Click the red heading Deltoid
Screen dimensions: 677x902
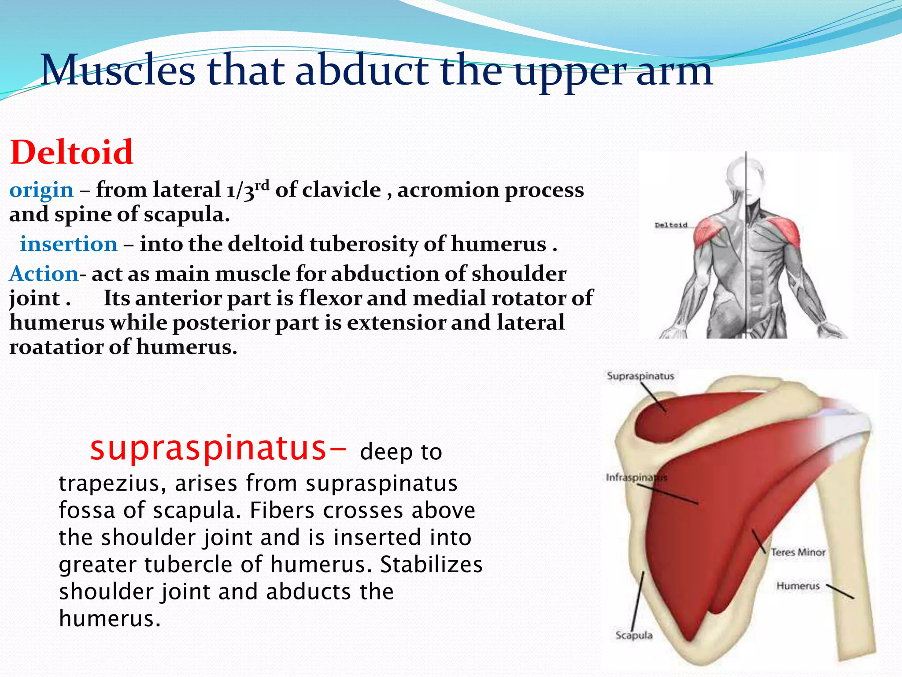[71, 152]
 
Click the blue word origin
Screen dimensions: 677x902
[41, 190]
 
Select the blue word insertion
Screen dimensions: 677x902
[69, 244]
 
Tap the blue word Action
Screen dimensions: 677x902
[44, 274]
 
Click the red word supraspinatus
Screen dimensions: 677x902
[208, 448]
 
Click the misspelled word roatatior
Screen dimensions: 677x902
[55, 347]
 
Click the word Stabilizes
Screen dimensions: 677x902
[431, 565]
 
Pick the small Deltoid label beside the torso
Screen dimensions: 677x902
[671, 225]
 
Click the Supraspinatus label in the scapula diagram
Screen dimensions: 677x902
[640, 376]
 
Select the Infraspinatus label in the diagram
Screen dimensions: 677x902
[636, 477]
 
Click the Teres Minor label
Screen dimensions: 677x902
[798, 552]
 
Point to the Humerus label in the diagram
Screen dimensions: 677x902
[798, 586]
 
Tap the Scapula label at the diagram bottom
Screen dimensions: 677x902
[634, 636]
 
